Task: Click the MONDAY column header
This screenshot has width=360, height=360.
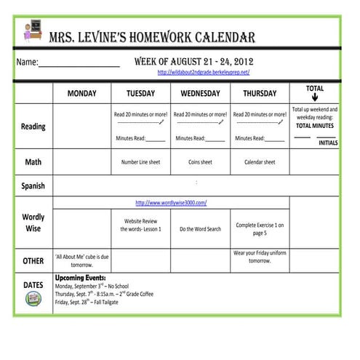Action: pos(81,94)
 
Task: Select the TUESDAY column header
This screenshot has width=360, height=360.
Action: pos(140,94)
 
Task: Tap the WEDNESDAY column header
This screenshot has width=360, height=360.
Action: pos(200,94)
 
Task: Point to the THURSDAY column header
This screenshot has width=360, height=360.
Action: pos(259,94)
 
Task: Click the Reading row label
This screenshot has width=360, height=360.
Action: pos(33,127)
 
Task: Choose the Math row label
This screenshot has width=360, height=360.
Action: pos(33,161)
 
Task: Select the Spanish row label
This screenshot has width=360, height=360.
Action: pos(33,185)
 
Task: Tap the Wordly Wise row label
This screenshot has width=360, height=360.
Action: pos(33,223)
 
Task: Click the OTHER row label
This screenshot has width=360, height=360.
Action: pos(33,260)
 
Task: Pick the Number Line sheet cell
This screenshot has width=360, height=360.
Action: pos(140,162)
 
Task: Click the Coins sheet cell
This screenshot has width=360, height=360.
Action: pos(200,162)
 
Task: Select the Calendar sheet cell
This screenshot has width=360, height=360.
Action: pos(259,162)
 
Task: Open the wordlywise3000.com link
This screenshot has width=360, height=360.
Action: pos(171,202)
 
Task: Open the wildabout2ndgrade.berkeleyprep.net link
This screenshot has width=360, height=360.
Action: pos(204,73)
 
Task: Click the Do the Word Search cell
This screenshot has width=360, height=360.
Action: pos(200,229)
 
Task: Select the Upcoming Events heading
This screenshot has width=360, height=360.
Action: pos(80,278)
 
